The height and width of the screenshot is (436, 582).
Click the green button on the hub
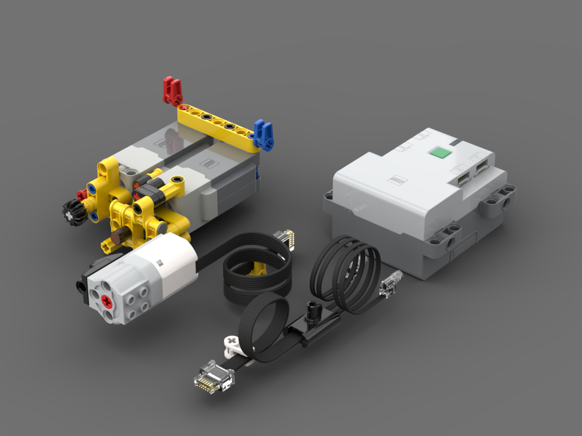click(x=439, y=153)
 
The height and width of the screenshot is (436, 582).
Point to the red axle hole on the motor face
click(x=107, y=301)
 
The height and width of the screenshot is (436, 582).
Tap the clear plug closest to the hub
click(x=390, y=284)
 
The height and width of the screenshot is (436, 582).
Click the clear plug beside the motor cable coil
click(x=285, y=239)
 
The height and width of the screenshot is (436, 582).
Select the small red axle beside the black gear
click(x=81, y=195)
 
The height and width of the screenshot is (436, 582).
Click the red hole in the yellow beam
click(x=184, y=108)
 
